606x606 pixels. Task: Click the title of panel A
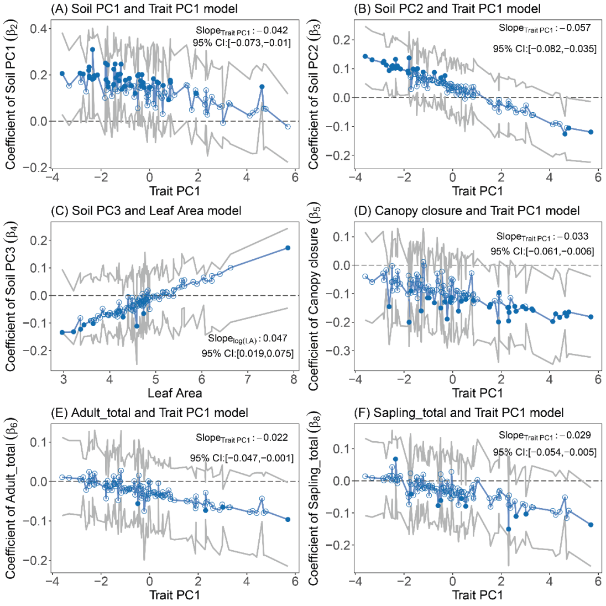pyautogui.click(x=144, y=9)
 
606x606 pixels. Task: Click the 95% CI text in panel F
pyautogui.click(x=545, y=452)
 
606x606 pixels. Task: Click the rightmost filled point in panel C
pyautogui.click(x=288, y=248)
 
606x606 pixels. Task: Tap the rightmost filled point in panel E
pyautogui.click(x=288, y=519)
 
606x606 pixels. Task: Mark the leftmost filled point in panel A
pyautogui.click(x=62, y=74)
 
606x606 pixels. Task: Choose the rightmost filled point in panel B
pyautogui.click(x=591, y=132)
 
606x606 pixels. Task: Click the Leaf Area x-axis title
pyautogui.click(x=175, y=393)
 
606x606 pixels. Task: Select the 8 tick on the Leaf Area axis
pyautogui.click(x=294, y=379)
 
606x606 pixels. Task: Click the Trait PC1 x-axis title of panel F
pyautogui.click(x=477, y=595)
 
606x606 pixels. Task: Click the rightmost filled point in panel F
pyautogui.click(x=591, y=525)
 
